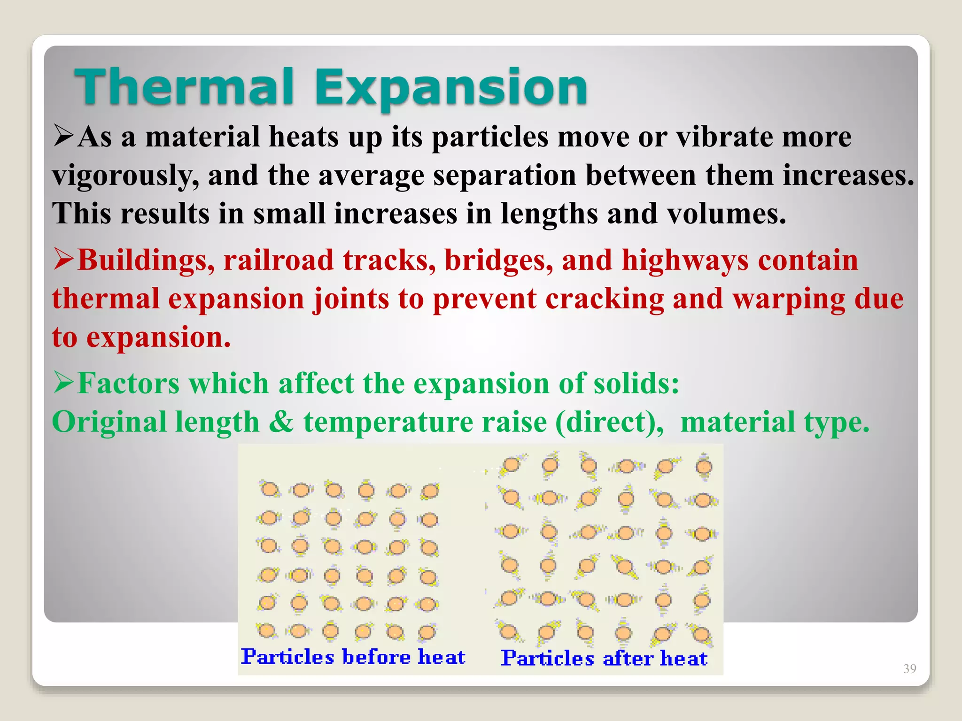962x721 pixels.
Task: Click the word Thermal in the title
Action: tap(184, 87)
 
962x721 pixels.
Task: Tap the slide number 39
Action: tap(909, 668)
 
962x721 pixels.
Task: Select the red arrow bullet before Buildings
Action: tap(64, 259)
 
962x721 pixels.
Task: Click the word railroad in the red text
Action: tap(278, 260)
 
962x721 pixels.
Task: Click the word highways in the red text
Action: tap(685, 261)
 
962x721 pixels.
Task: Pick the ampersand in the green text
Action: tap(281, 422)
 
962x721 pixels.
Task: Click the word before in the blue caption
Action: tap(375, 657)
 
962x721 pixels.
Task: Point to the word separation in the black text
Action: tap(504, 176)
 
